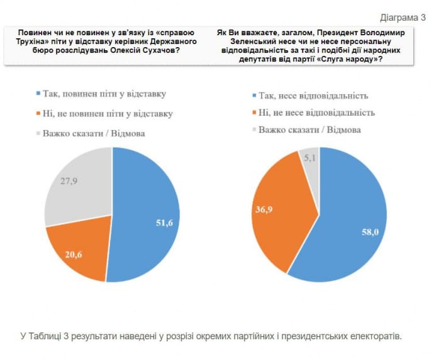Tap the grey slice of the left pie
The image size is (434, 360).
[x=75, y=188]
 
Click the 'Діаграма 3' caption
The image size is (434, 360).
[x=403, y=16]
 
